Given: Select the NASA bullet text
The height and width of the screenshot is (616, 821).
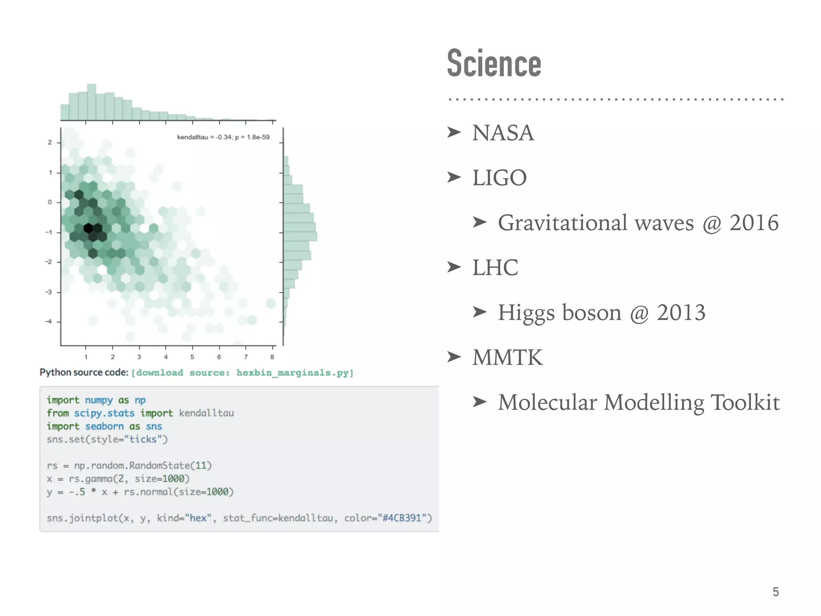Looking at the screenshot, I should [503, 133].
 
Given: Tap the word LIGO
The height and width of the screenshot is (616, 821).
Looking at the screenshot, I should [499, 178].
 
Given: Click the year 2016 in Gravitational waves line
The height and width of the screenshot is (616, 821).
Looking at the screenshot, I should [754, 223].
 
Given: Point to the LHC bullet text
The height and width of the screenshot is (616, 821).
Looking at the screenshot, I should [495, 267].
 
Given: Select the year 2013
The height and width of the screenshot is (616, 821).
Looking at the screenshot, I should [681, 312].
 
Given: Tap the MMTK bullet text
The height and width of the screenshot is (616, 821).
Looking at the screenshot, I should [508, 357].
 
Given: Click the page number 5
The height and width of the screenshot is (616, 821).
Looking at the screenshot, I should [775, 592].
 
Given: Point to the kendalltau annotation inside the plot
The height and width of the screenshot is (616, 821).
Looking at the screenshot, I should [223, 137].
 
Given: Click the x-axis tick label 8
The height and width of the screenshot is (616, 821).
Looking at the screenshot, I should [272, 357].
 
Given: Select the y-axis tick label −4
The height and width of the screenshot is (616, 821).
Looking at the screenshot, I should [49, 322].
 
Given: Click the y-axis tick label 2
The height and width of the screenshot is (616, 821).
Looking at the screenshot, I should [50, 142].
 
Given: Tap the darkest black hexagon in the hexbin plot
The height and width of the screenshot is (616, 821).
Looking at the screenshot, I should [88, 229].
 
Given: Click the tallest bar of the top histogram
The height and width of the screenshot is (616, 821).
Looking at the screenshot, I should [92, 102].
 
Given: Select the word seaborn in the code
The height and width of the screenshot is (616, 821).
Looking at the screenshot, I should [104, 426].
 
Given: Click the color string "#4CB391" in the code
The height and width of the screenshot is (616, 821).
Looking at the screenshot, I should [402, 518].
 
